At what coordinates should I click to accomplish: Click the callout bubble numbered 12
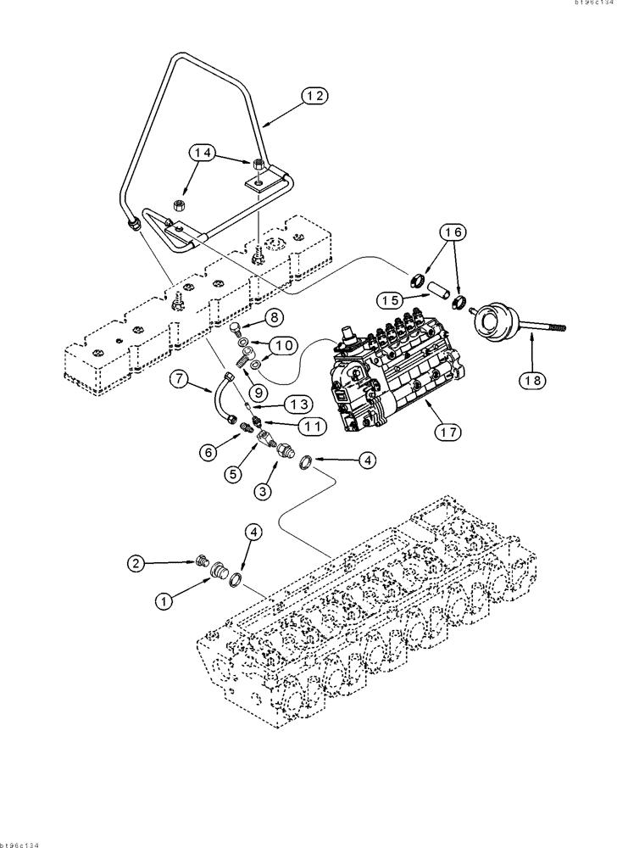[315, 98]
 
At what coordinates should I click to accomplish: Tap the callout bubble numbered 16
[452, 232]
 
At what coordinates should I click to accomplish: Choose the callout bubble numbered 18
[532, 382]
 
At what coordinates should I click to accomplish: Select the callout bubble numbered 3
[265, 491]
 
